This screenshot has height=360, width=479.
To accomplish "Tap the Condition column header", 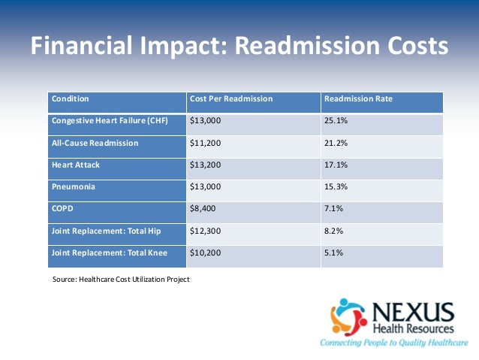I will (x=70, y=99).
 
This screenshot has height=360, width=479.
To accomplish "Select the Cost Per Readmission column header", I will (x=230, y=99).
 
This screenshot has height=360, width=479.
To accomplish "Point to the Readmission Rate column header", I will (x=357, y=99).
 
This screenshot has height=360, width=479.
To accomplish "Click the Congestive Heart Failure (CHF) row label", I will (x=108, y=121).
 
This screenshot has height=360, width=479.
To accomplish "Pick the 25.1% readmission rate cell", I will (x=335, y=121).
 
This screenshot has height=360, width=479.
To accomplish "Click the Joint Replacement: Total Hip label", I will (x=108, y=231).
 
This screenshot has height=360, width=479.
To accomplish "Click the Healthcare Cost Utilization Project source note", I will (x=121, y=280).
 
